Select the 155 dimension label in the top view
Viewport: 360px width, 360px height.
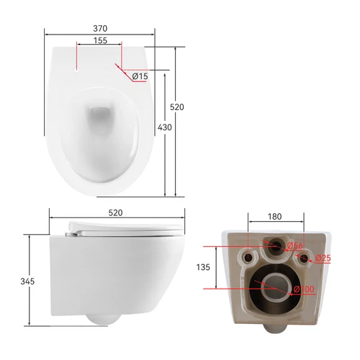coord(100,41)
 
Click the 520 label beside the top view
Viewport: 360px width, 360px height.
coord(177,107)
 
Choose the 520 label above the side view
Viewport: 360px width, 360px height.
coord(116,213)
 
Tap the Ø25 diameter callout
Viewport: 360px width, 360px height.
coord(323,258)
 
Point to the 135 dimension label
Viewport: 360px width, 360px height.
coord(203,267)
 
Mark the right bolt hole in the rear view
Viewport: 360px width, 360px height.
coord(304,257)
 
